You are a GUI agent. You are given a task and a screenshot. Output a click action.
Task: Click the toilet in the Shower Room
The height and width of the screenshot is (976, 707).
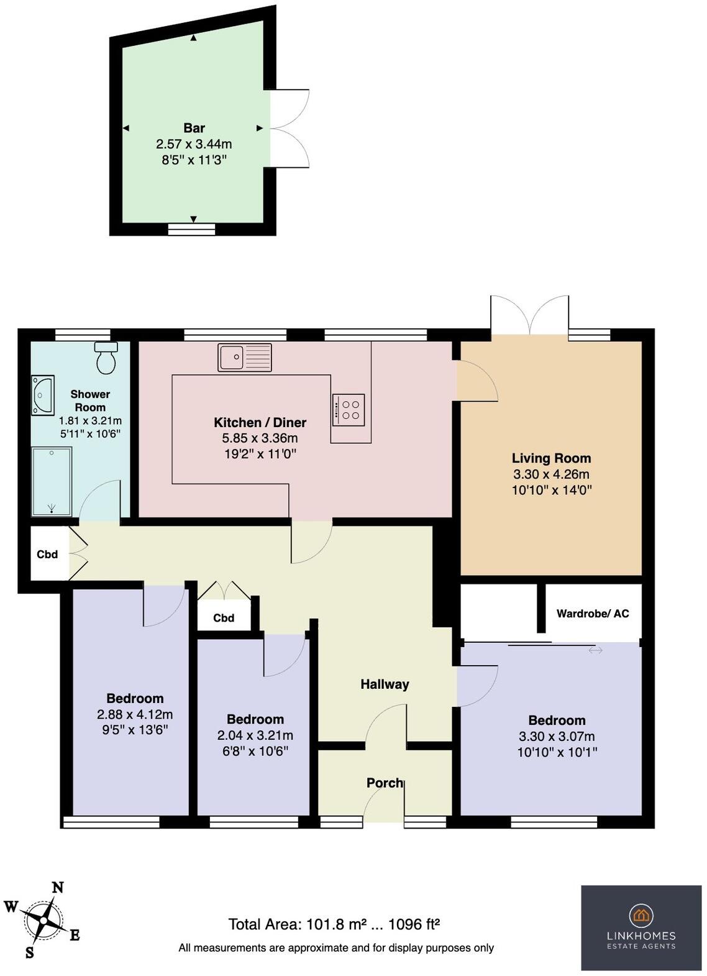pos(106,359)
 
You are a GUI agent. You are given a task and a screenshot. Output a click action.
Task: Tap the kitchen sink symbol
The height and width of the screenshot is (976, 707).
pos(244,357)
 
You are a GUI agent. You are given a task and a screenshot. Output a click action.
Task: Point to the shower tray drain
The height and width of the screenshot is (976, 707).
pos(51,507)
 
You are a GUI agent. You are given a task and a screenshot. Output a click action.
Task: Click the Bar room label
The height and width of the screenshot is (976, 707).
pos(194,128)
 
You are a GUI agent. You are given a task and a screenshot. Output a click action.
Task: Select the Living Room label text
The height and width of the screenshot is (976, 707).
pos(551,458)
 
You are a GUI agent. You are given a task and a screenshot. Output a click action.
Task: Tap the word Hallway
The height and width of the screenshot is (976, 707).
pos(385,684)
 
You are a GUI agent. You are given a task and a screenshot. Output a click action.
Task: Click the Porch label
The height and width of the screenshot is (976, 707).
pos(384,783)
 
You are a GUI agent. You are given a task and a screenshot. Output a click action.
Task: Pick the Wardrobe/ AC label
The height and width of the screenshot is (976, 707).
pos(592,614)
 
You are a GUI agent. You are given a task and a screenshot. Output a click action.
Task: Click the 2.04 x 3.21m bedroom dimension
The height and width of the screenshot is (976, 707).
pos(255,735)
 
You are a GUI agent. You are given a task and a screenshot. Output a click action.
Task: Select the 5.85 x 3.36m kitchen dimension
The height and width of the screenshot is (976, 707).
pos(260,438)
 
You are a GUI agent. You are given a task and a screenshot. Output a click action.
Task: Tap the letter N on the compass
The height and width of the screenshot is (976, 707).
pos(58,888)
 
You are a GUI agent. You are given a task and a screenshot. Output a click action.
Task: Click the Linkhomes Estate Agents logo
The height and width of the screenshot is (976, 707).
pos(641,928)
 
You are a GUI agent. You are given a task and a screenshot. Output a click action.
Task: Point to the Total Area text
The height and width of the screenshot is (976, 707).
pos(334,924)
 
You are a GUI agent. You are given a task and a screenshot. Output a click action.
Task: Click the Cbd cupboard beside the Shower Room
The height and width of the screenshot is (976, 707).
pos(48,554)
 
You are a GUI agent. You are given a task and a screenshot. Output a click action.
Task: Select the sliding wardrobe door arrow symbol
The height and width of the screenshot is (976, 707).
pos(595,650)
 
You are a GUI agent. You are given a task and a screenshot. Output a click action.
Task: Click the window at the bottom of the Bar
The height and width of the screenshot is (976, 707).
pos(192,229)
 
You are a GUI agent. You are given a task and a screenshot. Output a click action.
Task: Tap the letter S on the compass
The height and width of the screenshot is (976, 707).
pos(29,952)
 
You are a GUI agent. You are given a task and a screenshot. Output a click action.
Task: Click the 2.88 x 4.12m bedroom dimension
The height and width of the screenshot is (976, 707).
pos(135,714)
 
